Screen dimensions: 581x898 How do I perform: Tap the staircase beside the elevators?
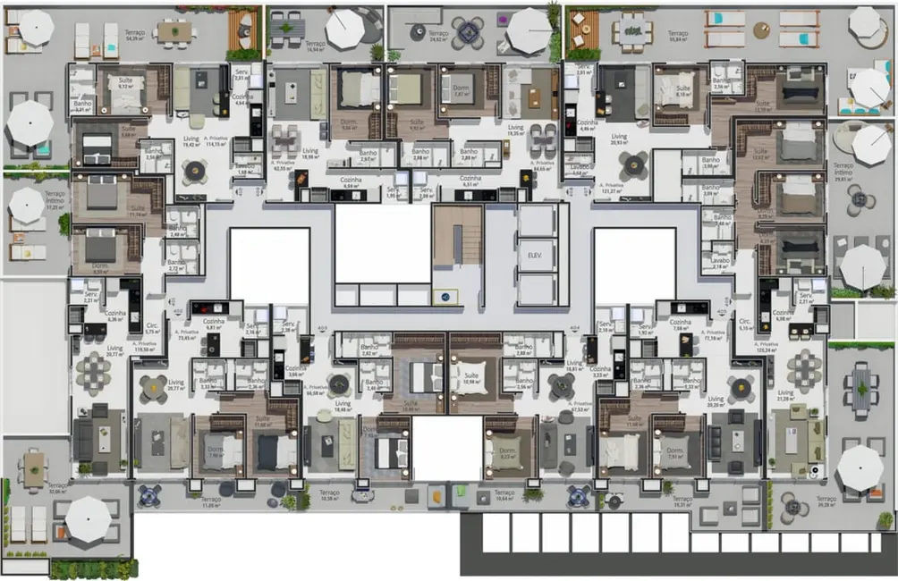pyautogui.click(x=457, y=236)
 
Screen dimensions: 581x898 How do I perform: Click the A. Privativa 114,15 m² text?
pyautogui.click(x=216, y=140)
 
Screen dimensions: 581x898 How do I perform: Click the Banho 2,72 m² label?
pyautogui.click(x=176, y=265)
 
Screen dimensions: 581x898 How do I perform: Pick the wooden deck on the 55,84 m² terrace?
pyautogui.click(x=581, y=29)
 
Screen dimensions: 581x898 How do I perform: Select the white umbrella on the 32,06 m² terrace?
pyautogui.click(x=88, y=518)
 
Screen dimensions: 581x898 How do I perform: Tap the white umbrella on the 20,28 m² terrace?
pyautogui.click(x=860, y=467)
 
